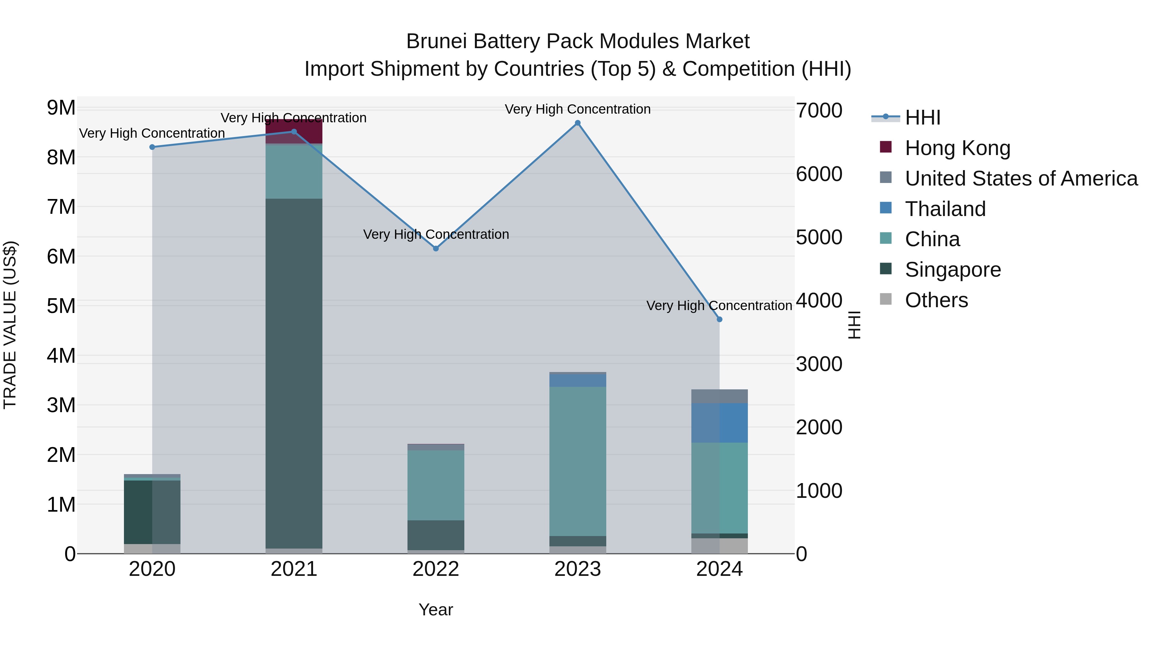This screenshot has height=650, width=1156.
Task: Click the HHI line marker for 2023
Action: click(x=578, y=123)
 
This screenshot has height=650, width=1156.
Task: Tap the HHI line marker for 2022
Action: click(x=436, y=248)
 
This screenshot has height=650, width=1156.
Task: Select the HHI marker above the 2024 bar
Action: click(x=719, y=319)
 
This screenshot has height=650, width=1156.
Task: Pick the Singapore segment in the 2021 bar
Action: click(x=294, y=372)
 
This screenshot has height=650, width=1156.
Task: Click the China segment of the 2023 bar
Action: click(x=578, y=461)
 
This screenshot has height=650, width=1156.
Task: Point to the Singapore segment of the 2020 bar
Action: click(x=152, y=512)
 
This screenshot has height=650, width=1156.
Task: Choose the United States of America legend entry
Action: click(x=1021, y=178)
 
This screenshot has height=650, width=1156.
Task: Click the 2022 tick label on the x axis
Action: click(x=436, y=569)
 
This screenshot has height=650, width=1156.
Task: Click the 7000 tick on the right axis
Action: click(x=819, y=110)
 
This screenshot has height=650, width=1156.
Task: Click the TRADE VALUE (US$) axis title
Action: click(x=10, y=325)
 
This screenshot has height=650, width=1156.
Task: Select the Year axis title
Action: click(x=436, y=610)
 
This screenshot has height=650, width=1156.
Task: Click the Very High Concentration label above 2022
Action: click(x=436, y=234)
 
